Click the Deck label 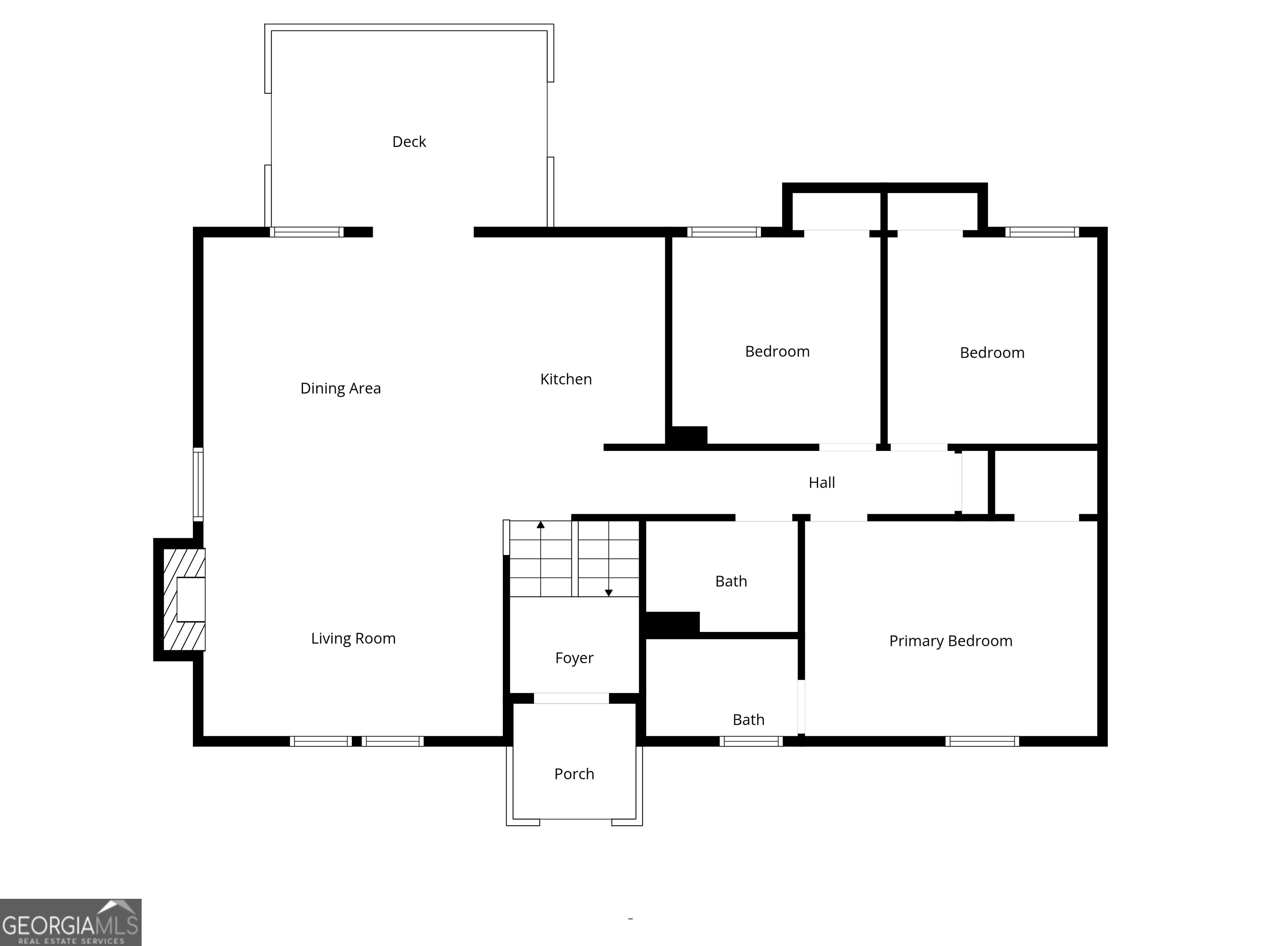(409, 141)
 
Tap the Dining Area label (340, 388)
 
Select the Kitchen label (566, 379)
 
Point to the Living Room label (353, 638)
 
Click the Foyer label (574, 658)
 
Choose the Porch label (574, 774)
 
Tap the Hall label (821, 482)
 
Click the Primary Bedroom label (950, 641)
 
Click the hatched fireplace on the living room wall (183, 599)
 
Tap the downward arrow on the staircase (608, 592)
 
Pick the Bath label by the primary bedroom (748, 720)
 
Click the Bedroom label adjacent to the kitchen (777, 351)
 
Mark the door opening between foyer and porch (571, 698)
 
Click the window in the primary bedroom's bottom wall (981, 741)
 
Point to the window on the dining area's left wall (198, 484)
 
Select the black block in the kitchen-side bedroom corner (688, 436)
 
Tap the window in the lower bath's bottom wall (750, 741)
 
